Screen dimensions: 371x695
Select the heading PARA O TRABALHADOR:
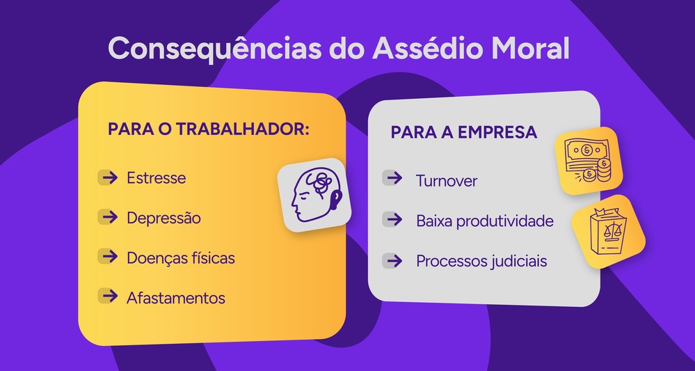pos(208,130)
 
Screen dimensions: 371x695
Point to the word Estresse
pos(156,177)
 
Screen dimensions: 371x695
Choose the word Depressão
pos(163,218)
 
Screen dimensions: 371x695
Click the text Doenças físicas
pos(180,258)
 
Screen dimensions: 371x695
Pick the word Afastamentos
pos(175,298)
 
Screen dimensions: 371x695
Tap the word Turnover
pos(447,181)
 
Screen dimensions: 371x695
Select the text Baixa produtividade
pos(484,221)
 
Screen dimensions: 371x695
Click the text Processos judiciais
pos(481,261)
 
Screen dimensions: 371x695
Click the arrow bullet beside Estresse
pos(108,177)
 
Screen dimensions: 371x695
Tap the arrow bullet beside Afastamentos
pos(108,297)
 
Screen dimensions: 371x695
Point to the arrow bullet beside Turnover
pos(394,179)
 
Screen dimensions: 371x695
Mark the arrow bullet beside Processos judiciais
pos(394,261)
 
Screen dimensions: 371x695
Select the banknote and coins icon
pos(587,159)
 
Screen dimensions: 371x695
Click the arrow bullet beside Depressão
pos(108,217)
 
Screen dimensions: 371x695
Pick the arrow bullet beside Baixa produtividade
pos(394,220)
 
